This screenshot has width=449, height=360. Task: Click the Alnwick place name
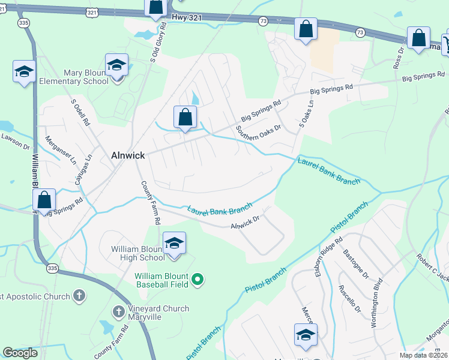pyautogui.click(x=128, y=155)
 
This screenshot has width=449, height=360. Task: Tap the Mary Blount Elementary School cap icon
pyautogui.click(x=116, y=65)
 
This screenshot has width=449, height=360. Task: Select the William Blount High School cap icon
pyautogui.click(x=174, y=243)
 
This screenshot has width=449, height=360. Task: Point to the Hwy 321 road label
pyautogui.click(x=184, y=19)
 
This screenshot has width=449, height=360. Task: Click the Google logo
pyautogui.click(x=20, y=353)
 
